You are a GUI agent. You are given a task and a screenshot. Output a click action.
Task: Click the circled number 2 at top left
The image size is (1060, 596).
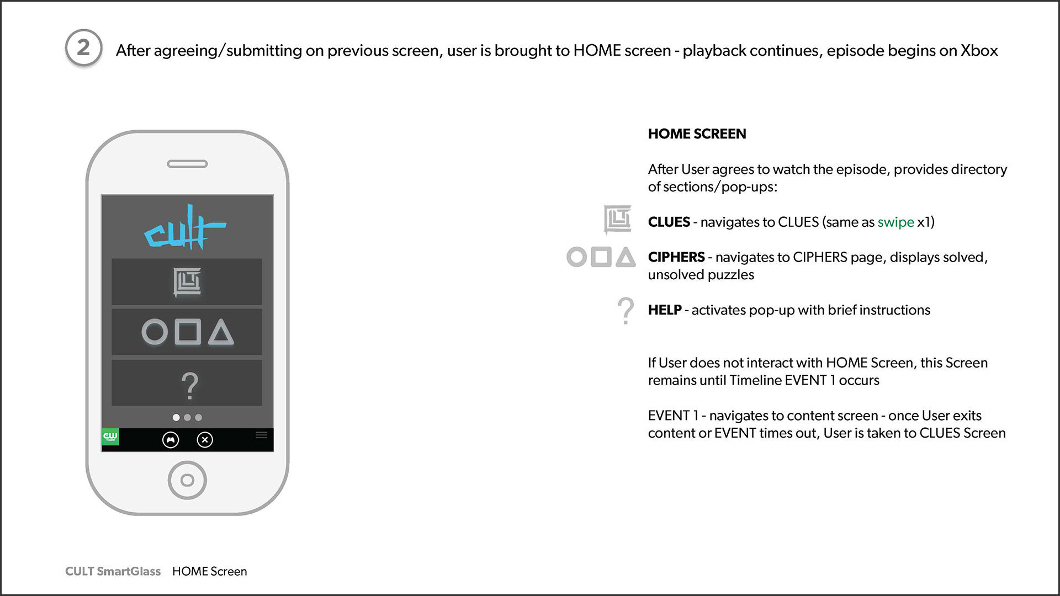point(83,48)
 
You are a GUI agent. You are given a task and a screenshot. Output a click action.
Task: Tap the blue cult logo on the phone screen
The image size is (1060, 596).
point(185,227)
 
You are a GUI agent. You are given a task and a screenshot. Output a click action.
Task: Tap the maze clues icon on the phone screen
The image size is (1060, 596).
point(187,281)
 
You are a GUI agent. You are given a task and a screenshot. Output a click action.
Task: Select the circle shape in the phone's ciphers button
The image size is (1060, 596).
point(155,332)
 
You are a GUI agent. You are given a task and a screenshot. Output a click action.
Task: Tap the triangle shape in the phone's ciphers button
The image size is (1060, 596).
point(221,332)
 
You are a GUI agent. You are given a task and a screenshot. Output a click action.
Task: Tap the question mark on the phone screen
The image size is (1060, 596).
point(189,386)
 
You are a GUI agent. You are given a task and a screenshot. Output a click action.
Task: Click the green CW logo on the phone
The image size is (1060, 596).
point(110,437)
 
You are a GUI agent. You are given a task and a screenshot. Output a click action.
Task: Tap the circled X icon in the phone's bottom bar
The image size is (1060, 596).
point(205,440)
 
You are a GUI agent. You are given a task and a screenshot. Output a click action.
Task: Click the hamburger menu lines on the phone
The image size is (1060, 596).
point(262,435)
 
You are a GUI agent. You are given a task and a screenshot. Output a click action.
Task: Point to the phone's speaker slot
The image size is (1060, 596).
point(187,164)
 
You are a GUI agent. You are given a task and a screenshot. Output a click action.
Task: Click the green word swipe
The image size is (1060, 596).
point(895,222)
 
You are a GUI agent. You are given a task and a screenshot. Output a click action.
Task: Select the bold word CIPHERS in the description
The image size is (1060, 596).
point(676,257)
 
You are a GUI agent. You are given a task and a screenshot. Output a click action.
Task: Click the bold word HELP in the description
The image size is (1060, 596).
point(665,310)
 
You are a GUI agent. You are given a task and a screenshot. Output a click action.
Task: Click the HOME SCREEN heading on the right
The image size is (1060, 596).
point(697,134)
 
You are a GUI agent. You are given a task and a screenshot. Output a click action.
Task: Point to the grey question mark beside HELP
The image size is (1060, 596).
point(626,310)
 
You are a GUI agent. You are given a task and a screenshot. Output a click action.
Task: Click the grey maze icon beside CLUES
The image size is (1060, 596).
point(618,220)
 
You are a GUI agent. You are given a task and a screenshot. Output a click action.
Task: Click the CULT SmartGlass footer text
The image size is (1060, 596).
point(113,571)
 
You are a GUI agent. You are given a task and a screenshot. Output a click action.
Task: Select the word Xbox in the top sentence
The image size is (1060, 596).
point(979,51)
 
